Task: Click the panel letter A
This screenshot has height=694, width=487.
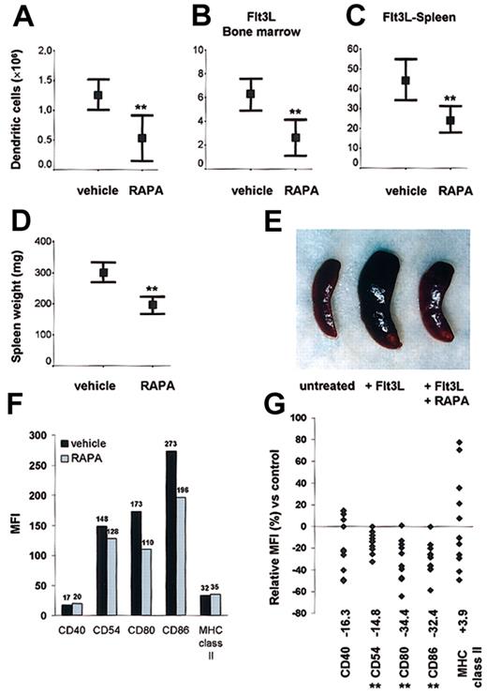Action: point(21,14)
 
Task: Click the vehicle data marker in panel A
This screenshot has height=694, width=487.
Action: point(97,96)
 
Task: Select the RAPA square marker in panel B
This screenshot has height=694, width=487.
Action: point(269,137)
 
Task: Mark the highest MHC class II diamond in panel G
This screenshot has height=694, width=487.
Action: point(460,442)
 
